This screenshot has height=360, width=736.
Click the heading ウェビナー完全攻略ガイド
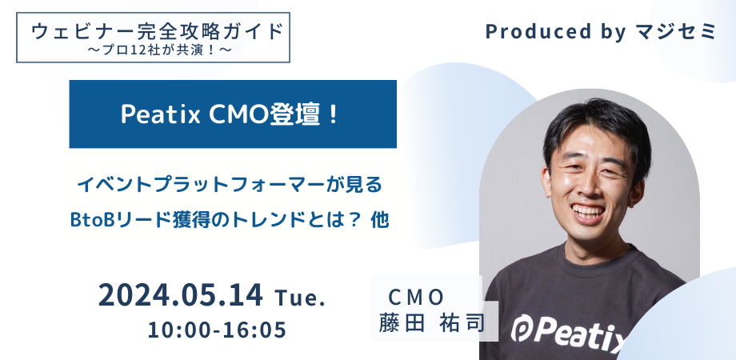tap(157, 32)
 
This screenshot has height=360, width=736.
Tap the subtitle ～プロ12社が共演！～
tap(158, 50)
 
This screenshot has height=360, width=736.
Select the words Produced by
tap(542, 32)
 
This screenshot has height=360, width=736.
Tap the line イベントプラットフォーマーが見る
tap(231, 186)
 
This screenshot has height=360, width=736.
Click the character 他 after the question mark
tap(380, 218)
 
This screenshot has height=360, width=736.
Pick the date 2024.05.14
tap(181, 296)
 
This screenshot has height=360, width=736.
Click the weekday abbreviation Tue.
tap(300, 298)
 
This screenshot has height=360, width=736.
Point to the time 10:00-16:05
tap(217, 330)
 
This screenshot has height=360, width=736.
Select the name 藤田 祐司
tap(431, 326)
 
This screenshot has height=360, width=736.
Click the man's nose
tap(590, 182)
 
